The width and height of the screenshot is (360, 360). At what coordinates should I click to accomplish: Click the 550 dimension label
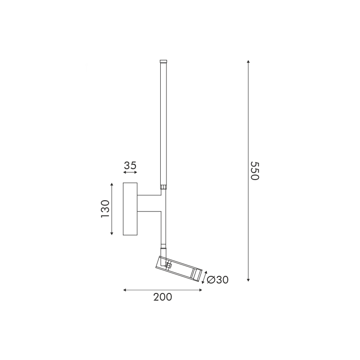[255, 171]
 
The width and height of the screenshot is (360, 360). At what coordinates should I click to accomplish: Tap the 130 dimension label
[105, 209]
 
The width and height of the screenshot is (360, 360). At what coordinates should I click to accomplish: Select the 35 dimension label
[130, 165]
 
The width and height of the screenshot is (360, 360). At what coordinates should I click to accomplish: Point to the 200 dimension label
[162, 297]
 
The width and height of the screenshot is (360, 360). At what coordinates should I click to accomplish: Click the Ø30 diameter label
[218, 279]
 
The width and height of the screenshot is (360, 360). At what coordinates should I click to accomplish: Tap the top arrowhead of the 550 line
[248, 62]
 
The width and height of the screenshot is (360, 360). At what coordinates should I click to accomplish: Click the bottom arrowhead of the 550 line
[248, 280]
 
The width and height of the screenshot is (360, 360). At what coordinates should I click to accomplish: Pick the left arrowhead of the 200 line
[125, 290]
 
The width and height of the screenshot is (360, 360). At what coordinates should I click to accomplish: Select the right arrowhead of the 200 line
[201, 290]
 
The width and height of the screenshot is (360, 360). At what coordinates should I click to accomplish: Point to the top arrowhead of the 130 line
[112, 184]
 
